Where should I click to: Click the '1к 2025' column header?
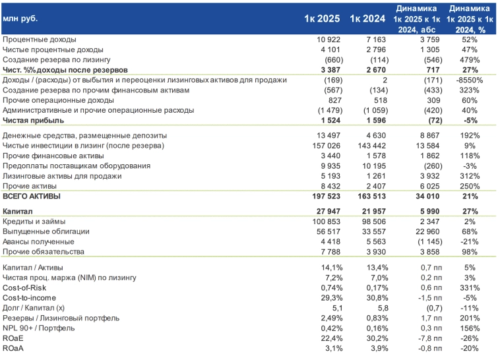322,18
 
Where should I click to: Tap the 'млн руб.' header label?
20,18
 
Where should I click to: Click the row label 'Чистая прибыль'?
33,121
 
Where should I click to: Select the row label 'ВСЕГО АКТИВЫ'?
32,196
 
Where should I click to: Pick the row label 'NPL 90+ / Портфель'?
39,328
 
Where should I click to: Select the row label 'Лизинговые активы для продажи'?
62,176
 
